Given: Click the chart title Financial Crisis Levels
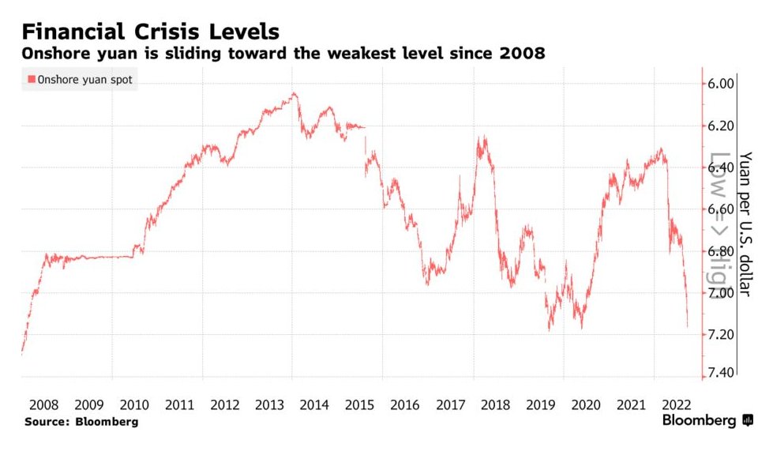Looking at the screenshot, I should pyautogui.click(x=150, y=32).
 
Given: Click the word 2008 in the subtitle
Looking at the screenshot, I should pyautogui.click(x=524, y=54).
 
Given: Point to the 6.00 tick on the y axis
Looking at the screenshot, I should pyautogui.click(x=722, y=84).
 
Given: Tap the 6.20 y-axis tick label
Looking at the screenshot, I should pyautogui.click(x=722, y=126).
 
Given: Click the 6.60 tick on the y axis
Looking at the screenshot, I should pyautogui.click(x=722, y=209).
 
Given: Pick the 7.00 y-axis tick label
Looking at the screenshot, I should pyautogui.click(x=722, y=292).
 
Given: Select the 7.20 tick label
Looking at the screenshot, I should pyautogui.click(x=722, y=334).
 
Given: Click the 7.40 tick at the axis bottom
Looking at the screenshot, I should pyautogui.click(x=722, y=373).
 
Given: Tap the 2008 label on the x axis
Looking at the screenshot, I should pyautogui.click(x=44, y=404).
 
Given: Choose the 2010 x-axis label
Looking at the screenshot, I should pyautogui.click(x=135, y=404).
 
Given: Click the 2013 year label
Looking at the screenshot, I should pyautogui.click(x=271, y=404).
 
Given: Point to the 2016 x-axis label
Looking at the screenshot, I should pyautogui.click(x=406, y=404).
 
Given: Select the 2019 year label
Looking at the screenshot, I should pyautogui.click(x=542, y=404).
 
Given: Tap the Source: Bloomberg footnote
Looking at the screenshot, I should pyautogui.click(x=81, y=422).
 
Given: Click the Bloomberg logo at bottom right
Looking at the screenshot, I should pyautogui.click(x=707, y=421).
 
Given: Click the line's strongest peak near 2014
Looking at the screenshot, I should pyautogui.click(x=294, y=93).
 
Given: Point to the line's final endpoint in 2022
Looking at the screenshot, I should pyautogui.click(x=688, y=325).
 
